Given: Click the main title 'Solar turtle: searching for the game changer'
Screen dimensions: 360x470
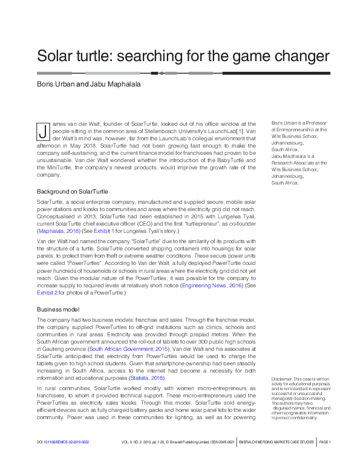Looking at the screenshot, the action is [183, 56].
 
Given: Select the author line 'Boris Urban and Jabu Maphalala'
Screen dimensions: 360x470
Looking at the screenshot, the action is [88, 84].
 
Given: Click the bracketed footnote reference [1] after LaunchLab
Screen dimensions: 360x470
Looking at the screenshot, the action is [240, 131].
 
